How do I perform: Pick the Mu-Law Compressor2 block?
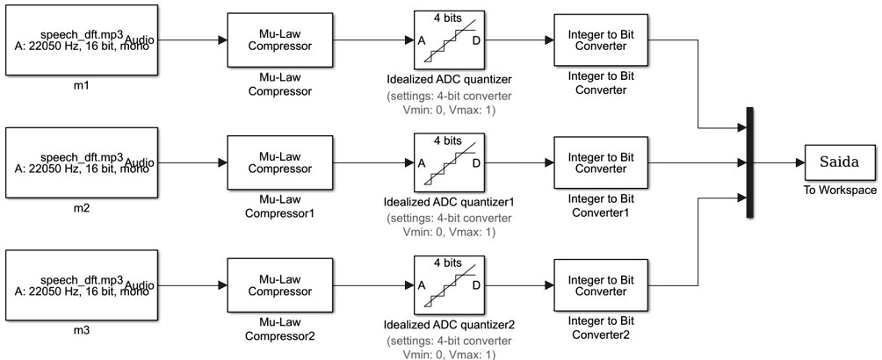click(271, 285)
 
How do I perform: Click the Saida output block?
click(839, 162)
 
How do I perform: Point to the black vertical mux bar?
click(749, 162)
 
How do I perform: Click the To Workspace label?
click(839, 189)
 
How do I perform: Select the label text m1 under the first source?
click(81, 88)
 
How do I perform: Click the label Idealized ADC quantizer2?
click(449, 325)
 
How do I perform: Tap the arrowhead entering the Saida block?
click(798, 162)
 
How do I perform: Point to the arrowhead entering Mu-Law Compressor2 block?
click(221, 285)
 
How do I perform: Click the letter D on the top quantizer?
click(476, 40)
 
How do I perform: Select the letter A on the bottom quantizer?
click(421, 285)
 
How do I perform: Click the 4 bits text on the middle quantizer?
click(449, 139)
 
